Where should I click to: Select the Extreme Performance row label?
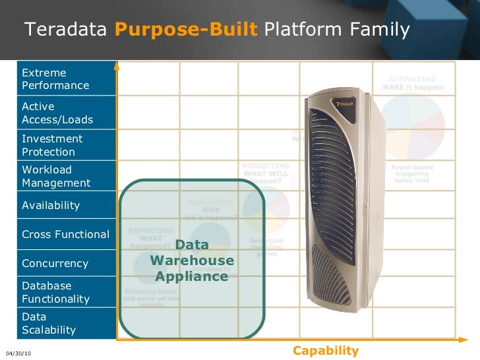55,79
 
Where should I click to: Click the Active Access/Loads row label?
57,113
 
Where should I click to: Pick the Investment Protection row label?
52,145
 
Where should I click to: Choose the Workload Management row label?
56,176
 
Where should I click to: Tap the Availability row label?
51,205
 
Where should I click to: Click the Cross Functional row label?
65,234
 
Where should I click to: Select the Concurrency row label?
55,263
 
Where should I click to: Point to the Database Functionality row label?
55,292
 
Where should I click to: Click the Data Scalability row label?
49,323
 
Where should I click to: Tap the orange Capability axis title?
326,351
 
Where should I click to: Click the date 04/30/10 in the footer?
18,354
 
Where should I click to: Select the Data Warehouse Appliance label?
192,260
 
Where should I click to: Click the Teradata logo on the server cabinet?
346,104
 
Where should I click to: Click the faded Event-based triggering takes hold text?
413,173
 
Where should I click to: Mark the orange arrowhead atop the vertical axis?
117,65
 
